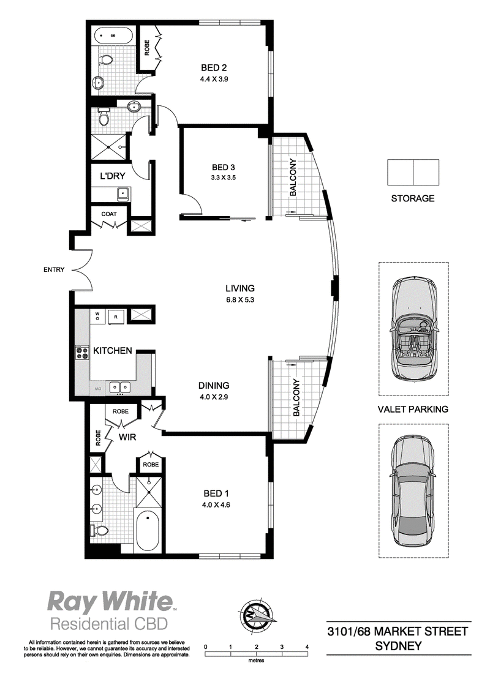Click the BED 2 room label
[214, 67]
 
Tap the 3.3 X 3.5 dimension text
[224, 178]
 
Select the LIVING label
[240, 288]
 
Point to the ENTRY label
[54, 269]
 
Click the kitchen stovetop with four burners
[82, 352]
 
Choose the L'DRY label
[112, 176]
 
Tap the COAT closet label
[109, 214]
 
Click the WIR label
[127, 437]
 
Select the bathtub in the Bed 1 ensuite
[148, 530]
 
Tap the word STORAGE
[413, 198]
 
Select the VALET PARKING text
[413, 410]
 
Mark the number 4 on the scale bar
[307, 646]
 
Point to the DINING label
[214, 386]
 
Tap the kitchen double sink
[119, 387]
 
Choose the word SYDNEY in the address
[398, 646]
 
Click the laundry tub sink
[122, 193]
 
